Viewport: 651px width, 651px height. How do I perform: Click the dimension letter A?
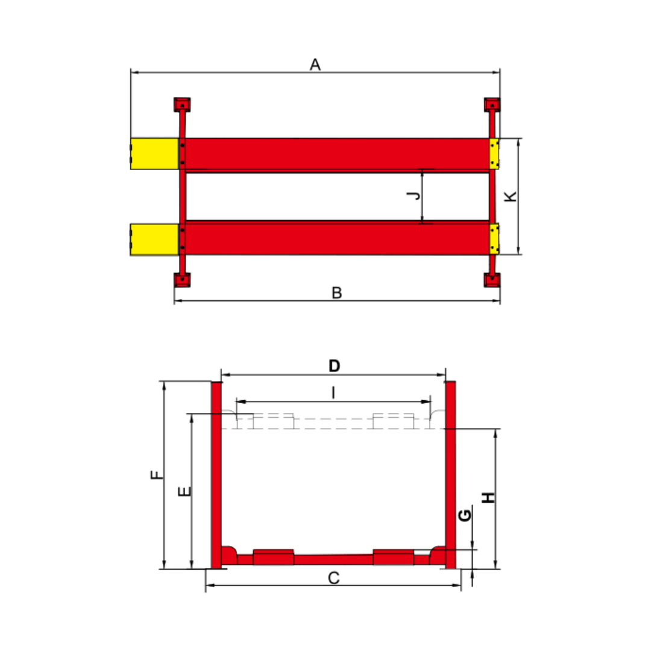point(315,64)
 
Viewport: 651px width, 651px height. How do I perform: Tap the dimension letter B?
point(337,293)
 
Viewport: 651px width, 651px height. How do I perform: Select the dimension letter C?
point(334,578)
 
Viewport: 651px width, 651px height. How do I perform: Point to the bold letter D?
point(334,366)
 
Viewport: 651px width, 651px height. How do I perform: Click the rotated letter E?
point(184,491)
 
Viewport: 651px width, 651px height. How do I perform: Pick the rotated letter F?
point(157,474)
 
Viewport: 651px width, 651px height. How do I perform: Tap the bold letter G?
point(465,515)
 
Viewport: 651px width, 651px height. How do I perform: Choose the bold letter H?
point(489,497)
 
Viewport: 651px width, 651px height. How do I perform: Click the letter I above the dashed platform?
point(333,392)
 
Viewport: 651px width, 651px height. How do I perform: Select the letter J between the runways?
point(414,195)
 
